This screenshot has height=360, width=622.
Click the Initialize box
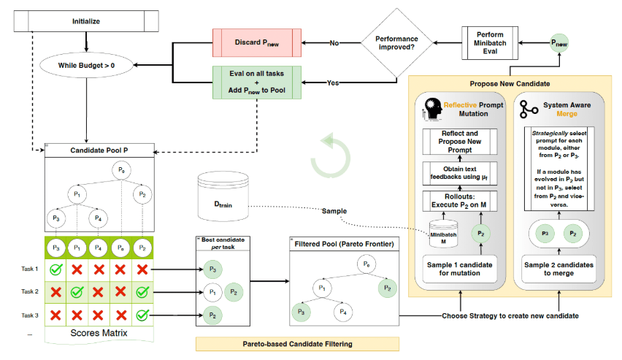[x=86, y=21]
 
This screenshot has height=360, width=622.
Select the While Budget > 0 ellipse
[x=86, y=66]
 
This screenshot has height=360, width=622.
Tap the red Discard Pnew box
[x=257, y=42]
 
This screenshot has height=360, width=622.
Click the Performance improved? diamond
[x=396, y=43]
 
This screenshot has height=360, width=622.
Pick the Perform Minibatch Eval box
[x=490, y=43]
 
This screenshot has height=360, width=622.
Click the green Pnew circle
[x=559, y=43]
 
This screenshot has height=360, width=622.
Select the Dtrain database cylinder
[x=223, y=196]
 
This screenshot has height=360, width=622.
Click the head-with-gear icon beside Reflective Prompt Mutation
[x=433, y=108]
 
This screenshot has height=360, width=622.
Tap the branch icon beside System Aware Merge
[x=529, y=109]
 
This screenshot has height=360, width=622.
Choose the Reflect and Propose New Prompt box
[x=460, y=142]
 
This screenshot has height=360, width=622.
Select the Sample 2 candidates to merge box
[x=558, y=269]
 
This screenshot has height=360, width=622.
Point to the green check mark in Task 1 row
[x=56, y=269]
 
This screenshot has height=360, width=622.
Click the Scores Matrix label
[x=99, y=333]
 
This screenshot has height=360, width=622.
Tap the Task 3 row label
[x=30, y=315]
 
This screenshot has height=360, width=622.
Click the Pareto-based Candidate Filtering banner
[x=298, y=344]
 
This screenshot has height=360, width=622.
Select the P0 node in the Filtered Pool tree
[x=366, y=264]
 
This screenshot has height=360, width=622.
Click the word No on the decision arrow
[x=334, y=43]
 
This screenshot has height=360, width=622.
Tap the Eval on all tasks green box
[x=257, y=83]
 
